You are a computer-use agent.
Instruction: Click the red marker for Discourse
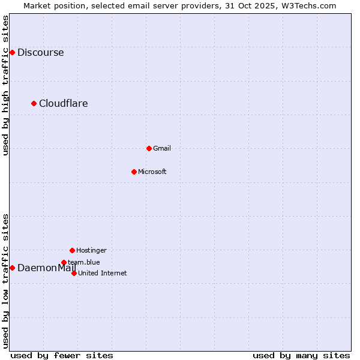pos(12,52)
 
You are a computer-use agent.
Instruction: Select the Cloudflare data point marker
pos(34,103)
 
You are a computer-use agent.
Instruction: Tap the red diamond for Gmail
pos(149,148)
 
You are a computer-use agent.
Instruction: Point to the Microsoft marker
pos(134,172)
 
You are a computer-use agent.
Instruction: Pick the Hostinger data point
pos(72,250)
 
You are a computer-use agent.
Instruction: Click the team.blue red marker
pos(64,262)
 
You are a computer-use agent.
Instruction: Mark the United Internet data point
pos(74,273)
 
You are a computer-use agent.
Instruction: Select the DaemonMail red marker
pos(12,268)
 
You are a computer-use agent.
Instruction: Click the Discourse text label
pos(40,52)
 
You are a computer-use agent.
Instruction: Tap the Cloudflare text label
pos(63,103)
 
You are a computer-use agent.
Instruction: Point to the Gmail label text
pos(162,148)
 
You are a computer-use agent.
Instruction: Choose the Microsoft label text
pos(152,172)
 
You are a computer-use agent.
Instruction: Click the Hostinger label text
pos(91,250)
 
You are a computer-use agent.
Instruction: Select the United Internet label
pos(103,273)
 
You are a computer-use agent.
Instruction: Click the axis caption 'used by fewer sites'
pos(62,355)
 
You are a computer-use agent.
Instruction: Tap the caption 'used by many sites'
pos(301,355)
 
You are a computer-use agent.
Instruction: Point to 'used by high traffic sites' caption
pos(6,85)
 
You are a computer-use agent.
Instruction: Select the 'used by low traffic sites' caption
pos(6,281)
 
